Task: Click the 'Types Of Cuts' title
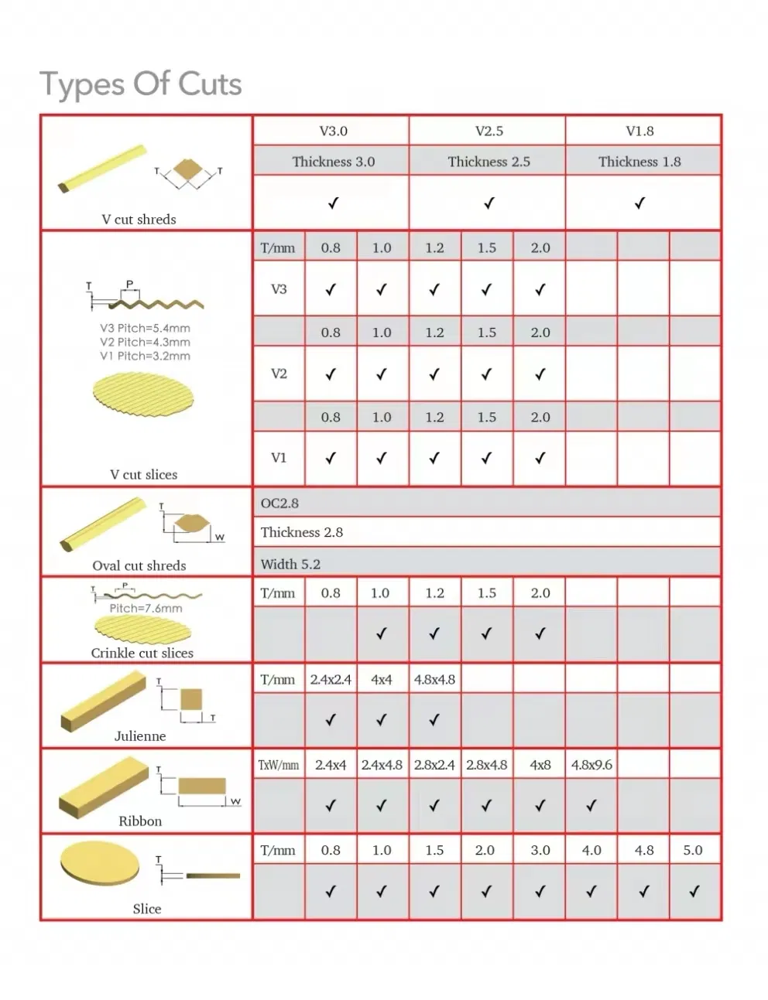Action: pos(141,84)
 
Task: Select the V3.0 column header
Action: pos(333,131)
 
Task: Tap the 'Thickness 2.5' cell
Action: pos(489,162)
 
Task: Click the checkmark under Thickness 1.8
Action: pos(639,203)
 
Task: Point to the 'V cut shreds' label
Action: pos(139,220)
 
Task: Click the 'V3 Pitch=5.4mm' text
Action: pos(145,328)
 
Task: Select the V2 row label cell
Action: pos(279,374)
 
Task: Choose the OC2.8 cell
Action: pos(279,503)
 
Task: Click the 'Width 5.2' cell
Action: pos(290,564)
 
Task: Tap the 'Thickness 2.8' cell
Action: pos(301,532)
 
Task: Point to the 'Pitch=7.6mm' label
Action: pos(146,609)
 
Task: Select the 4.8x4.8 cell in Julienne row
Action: pos(434,680)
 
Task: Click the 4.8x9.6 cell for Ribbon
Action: pos(591,765)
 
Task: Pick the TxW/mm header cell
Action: pos(279,765)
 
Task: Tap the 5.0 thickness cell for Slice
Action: pos(693,850)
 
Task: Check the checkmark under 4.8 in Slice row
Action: pos(643,892)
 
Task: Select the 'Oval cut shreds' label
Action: pos(139,566)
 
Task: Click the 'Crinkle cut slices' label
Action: pos(142,654)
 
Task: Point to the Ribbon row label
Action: pos(140,821)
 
